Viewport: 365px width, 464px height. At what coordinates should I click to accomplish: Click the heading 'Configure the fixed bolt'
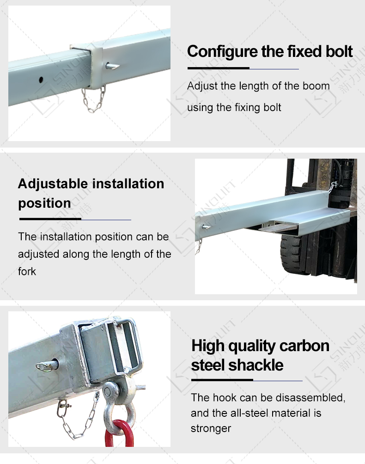270,51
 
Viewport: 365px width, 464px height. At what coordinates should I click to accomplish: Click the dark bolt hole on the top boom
41,80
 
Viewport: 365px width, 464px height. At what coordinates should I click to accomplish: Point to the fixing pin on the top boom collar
112,66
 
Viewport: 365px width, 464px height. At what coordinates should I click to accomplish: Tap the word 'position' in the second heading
45,203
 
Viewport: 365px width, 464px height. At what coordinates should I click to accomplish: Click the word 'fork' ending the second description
27,272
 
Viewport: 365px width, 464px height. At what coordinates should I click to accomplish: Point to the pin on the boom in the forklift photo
206,227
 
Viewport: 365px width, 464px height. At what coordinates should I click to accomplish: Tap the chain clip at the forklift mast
333,187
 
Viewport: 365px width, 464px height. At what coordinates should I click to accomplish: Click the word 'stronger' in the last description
211,428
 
